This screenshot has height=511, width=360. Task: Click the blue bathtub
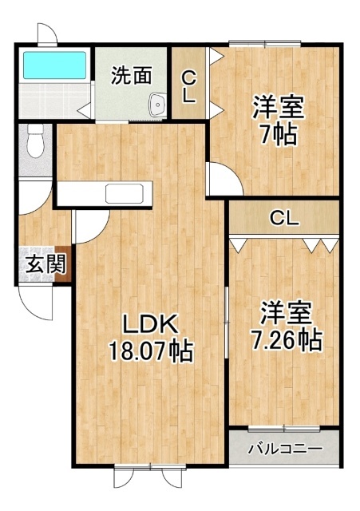click(x=55, y=65)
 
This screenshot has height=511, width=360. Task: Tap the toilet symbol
click(x=35, y=141)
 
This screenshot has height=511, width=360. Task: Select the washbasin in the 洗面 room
click(x=158, y=105)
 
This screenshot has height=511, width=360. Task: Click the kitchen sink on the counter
click(x=125, y=193)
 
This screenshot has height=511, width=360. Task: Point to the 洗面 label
click(x=131, y=76)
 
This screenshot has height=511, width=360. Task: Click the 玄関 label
click(x=46, y=263)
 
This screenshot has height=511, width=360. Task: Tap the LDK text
click(x=150, y=323)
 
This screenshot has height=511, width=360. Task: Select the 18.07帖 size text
click(x=150, y=351)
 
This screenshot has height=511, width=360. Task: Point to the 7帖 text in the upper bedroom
click(x=279, y=134)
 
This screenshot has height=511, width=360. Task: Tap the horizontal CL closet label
click(x=284, y=218)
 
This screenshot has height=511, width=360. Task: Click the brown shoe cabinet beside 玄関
click(x=62, y=263)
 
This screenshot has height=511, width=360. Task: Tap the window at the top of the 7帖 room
click(x=264, y=42)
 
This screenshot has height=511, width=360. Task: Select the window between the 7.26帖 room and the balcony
click(x=283, y=429)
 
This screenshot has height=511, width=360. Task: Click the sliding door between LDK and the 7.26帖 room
click(x=227, y=323)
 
